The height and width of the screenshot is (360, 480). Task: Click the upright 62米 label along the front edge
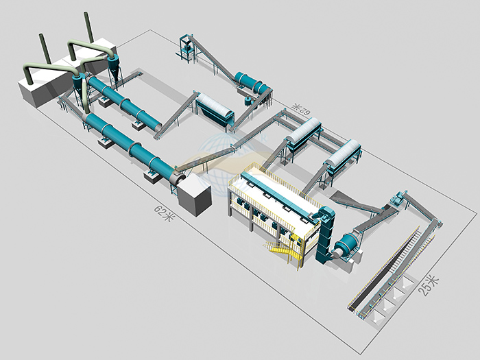coord(165,213)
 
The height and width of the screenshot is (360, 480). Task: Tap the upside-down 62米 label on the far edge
coord(300,108)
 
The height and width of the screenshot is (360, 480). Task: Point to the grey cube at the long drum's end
coord(195,196)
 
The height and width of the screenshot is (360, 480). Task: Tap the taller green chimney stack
coord(89,27)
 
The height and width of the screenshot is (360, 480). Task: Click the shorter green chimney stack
coord(45,49)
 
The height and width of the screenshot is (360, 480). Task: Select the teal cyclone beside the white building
coord(113,67)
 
